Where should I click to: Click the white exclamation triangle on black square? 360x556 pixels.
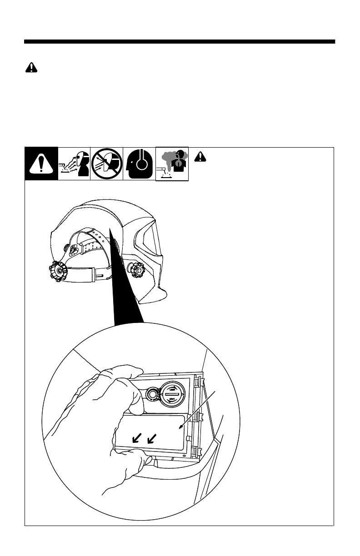pos(41,164)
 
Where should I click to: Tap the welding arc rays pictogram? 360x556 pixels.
pos(74,164)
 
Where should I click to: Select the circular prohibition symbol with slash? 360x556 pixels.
pos(107,164)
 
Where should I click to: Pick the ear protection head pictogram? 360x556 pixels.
pos(139,164)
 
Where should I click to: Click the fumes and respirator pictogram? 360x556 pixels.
pos(172,164)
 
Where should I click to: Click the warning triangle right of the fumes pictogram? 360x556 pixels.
pos(200,157)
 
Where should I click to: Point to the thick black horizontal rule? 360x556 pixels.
pos(180,42)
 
